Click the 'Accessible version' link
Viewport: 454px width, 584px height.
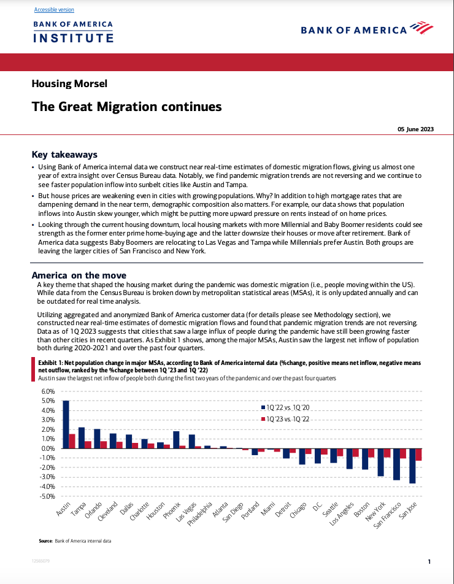point(54,10)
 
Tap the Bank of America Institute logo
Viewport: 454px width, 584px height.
point(73,32)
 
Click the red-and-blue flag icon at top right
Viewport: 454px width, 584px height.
point(421,28)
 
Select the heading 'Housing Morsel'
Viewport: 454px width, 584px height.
point(69,83)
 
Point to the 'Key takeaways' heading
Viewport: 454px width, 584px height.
point(64,155)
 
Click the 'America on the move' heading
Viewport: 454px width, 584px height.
point(79,275)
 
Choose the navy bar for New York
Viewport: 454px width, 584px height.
point(380,462)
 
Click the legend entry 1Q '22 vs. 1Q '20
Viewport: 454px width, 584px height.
point(288,407)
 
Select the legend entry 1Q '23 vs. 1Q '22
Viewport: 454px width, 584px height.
point(288,419)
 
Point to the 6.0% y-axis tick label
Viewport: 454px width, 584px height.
point(48,391)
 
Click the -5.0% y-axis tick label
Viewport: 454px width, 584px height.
point(47,496)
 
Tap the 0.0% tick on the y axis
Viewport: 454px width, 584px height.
point(48,448)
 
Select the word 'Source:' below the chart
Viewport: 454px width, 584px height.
point(45,541)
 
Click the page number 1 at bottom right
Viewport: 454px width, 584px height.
point(429,561)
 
